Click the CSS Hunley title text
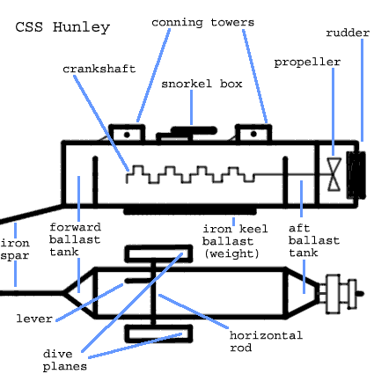pos(62,27)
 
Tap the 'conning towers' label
pos(202,23)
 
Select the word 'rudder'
pos(348,33)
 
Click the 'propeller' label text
pos(307,62)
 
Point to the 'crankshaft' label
pos(99,69)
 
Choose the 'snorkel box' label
pos(202,84)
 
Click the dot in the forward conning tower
pos(127,135)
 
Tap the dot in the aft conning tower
pos(253,135)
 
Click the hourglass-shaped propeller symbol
pos(334,174)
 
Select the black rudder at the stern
pos(356,175)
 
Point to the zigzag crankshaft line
pos(190,174)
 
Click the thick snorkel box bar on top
pos(194,130)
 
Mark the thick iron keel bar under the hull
pos(190,211)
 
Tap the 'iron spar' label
pos(15,249)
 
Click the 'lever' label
pos(34,319)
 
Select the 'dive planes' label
pos(64,360)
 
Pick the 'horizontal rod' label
pos(266,341)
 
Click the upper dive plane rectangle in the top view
pos(158,253)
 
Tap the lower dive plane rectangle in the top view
pos(158,334)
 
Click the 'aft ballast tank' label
pos(314,240)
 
